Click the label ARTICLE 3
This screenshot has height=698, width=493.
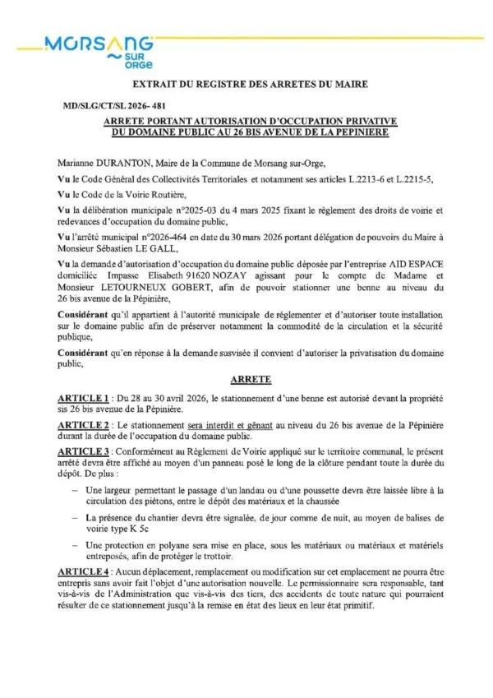86,453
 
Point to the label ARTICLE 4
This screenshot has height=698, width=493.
86,594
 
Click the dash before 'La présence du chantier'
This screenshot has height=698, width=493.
76,517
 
